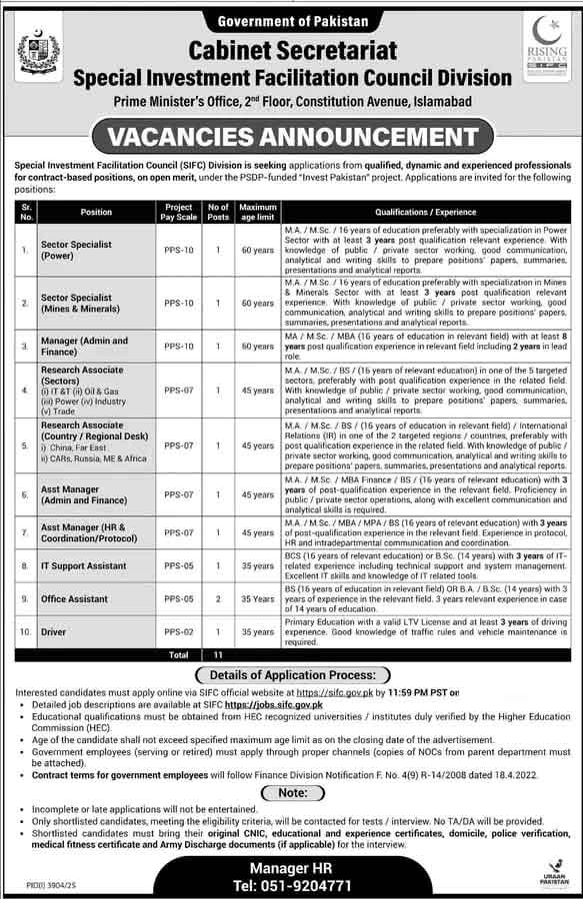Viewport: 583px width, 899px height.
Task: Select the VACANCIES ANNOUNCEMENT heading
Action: tap(291, 135)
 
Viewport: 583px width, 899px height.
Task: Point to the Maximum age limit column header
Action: tap(257, 212)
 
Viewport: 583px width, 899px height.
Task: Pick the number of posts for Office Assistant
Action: tap(217, 599)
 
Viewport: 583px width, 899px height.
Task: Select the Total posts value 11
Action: tap(217, 655)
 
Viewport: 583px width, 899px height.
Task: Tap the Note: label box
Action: tap(291, 791)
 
